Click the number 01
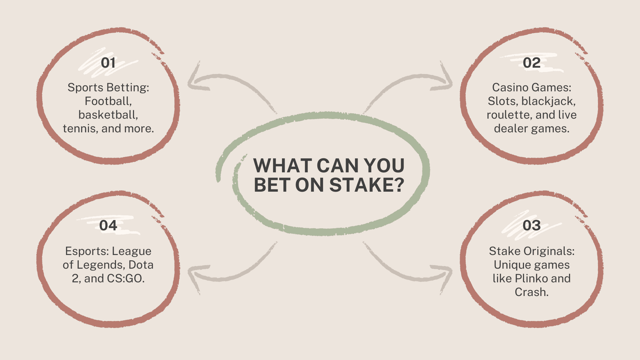(108, 63)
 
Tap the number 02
(531, 63)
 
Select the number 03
(531, 225)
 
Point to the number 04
(108, 225)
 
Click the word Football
(108, 101)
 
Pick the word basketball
(108, 115)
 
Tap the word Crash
(531, 292)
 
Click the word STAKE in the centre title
(362, 185)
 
